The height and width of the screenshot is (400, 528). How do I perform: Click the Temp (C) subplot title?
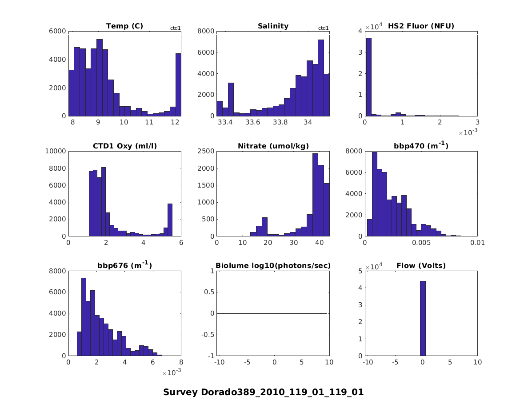[x=124, y=26]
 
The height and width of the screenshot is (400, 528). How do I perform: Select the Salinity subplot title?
[x=273, y=26]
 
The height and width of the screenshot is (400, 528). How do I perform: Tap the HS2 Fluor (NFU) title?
[x=421, y=26]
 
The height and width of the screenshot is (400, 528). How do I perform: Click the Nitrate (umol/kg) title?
[x=273, y=146]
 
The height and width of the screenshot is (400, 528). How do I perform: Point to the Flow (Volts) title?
[x=421, y=266]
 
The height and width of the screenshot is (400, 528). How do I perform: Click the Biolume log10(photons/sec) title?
[x=273, y=266]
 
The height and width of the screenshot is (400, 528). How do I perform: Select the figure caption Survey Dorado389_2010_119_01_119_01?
[x=264, y=392]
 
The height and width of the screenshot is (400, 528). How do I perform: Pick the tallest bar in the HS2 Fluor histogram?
[x=368, y=77]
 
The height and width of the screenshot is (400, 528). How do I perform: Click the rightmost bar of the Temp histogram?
[x=178, y=84]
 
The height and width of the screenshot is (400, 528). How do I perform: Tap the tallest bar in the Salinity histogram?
[x=320, y=78]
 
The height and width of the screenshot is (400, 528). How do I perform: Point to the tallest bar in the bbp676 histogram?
[x=84, y=316]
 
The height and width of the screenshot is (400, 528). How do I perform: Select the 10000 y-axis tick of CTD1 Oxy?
[x=56, y=151]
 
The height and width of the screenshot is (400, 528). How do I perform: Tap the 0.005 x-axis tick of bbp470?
[x=421, y=243]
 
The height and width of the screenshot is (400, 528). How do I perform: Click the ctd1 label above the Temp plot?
[x=176, y=28]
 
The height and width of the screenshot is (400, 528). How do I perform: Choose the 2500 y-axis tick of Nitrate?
[x=206, y=151]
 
